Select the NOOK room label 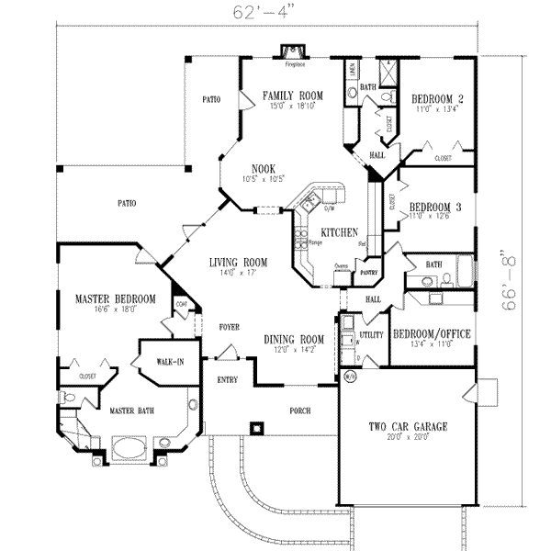coord(264,168)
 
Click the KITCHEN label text coord(339,233)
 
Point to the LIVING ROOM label coord(236,262)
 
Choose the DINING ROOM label coord(295,338)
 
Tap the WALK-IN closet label coord(168,362)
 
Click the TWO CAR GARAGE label coord(408,427)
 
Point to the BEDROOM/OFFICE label coord(432,334)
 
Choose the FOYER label coord(229,326)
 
